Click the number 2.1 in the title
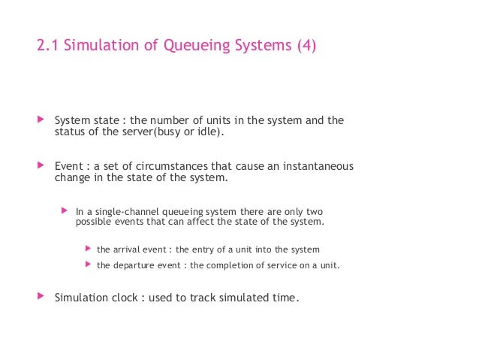pos(47,47)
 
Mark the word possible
pos(94,222)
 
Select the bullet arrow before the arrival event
pos(88,249)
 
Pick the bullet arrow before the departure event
pos(88,265)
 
